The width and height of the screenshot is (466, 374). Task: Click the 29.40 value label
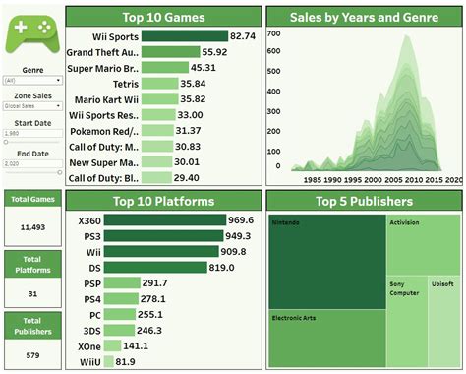(x=190, y=178)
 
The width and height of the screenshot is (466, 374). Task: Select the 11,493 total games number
(x=31, y=226)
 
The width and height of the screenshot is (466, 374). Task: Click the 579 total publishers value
(x=31, y=353)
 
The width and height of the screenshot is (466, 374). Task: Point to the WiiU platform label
(x=87, y=362)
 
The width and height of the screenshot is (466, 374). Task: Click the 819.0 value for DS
(x=223, y=267)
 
